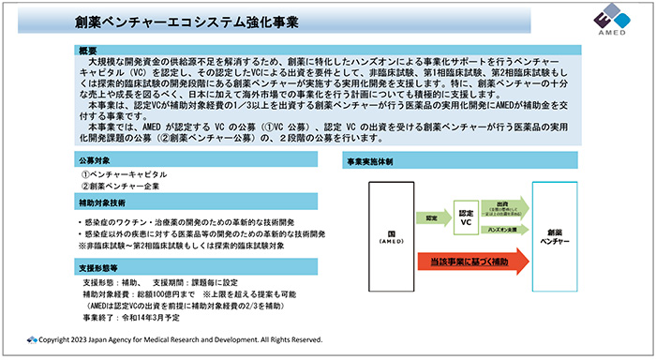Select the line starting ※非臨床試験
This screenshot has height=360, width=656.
(x=188, y=246)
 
